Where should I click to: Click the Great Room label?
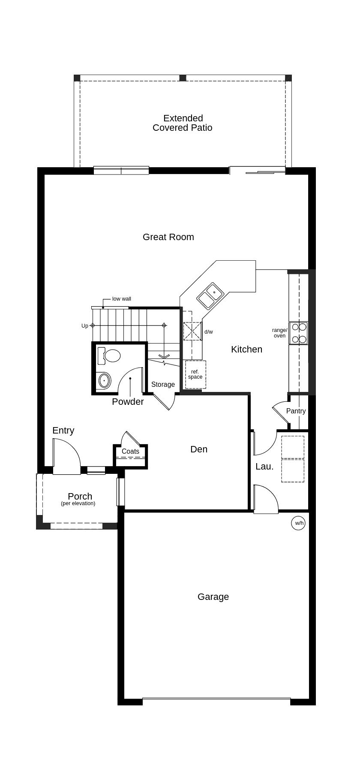(x=168, y=237)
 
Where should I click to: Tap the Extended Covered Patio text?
(x=183, y=123)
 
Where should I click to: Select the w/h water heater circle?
(x=298, y=523)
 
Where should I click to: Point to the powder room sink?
(x=104, y=380)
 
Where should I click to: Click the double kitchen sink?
(x=210, y=296)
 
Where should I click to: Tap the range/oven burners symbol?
(x=299, y=333)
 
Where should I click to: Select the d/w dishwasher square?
(x=192, y=331)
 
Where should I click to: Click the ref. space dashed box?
(x=195, y=375)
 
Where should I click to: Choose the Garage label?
(x=213, y=597)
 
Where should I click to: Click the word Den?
(x=199, y=449)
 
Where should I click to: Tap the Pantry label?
(x=296, y=411)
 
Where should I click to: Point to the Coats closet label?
(x=130, y=452)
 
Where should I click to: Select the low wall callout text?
(x=122, y=299)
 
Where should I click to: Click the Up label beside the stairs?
(x=85, y=326)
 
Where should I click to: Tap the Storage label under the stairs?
(x=163, y=385)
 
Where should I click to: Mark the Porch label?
(x=80, y=497)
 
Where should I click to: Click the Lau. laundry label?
(x=264, y=467)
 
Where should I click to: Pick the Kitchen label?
(x=246, y=349)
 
